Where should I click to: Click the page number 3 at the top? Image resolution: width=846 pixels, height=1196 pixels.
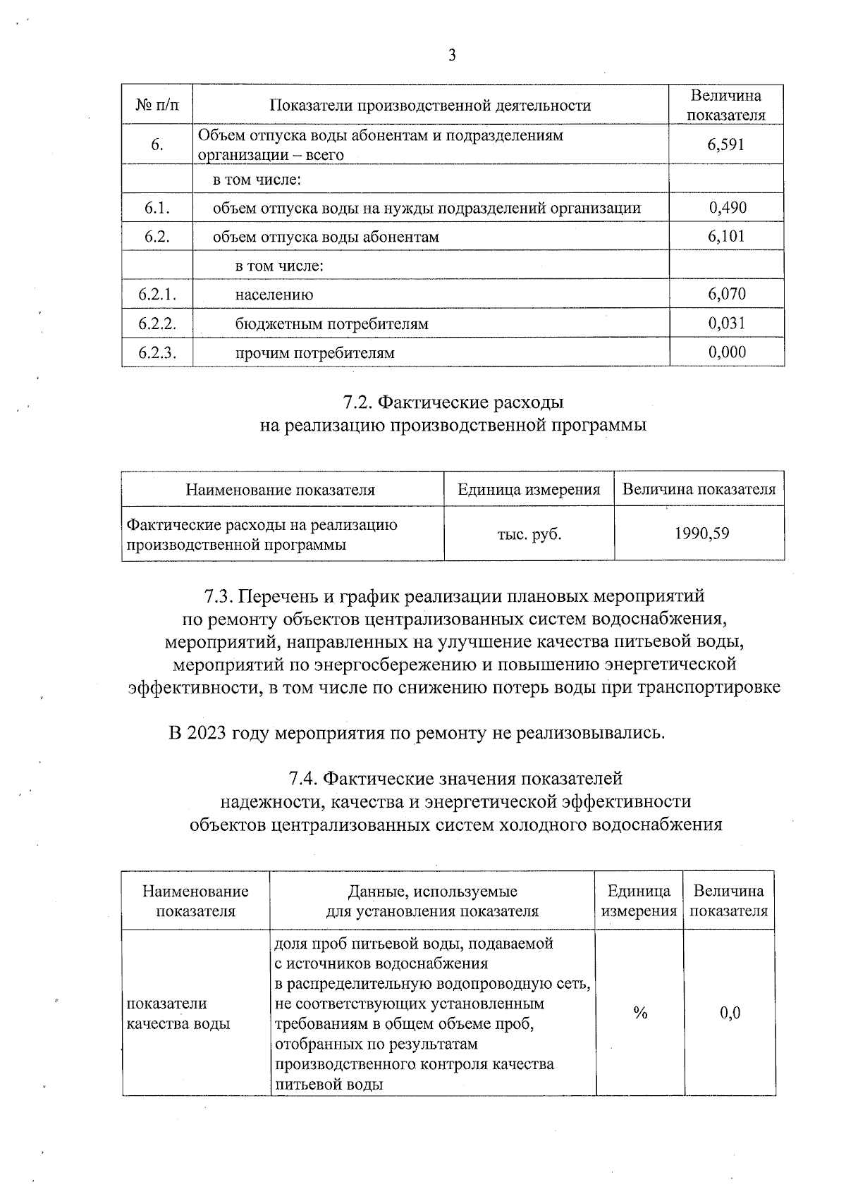pos(452,56)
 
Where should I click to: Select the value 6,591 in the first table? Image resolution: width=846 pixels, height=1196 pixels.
pos(726,145)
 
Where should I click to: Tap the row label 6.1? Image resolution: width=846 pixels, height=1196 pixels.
pos(157,207)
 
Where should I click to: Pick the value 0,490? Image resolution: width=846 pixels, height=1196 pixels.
pos(728,207)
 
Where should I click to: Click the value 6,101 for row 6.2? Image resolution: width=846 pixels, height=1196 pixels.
pos(726,236)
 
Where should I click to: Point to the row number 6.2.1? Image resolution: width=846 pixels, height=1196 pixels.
pos(157,294)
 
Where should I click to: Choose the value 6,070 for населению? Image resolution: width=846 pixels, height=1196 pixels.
pos(727,294)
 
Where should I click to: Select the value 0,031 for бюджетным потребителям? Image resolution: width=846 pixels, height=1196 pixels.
pos(727,323)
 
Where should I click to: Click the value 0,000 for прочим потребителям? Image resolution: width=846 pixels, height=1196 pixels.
pos(727,352)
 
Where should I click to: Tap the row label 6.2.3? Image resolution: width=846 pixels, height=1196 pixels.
pos(157,352)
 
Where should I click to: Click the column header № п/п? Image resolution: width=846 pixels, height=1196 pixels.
pos(157,106)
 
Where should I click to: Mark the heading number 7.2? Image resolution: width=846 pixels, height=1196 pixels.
pos(357,402)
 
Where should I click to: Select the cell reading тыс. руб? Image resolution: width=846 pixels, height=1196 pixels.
pos(529,534)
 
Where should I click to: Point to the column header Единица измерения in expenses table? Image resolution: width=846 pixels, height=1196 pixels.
pos(529,489)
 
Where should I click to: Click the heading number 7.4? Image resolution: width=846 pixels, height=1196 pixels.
pos(304,779)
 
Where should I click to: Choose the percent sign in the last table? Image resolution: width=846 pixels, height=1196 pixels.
pos(640,1013)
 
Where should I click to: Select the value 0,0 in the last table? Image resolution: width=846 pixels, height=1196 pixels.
pos(730,1013)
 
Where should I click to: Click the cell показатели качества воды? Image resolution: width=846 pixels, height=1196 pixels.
pos(178,1013)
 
